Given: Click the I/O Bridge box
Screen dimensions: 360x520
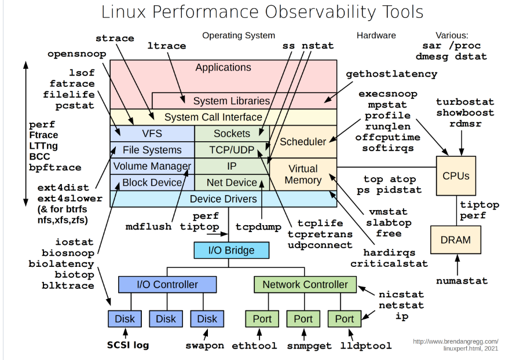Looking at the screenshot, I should pos(232,251).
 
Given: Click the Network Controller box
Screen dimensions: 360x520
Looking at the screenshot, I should pos(305,284).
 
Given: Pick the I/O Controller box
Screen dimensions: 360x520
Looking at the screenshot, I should pos(167,284).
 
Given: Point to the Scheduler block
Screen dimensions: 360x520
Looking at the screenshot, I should pos(303,142).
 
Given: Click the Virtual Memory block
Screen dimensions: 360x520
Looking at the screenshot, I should pos(303,174).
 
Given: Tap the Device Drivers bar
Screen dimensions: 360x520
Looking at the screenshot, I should pos(223,199).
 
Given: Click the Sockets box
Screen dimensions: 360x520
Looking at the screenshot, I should pos(232,134).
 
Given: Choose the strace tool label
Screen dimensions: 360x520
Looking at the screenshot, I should pos(115,38).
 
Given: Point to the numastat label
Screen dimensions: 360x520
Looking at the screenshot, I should pos(462,281).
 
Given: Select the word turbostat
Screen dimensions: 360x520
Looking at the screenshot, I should pos(465,102).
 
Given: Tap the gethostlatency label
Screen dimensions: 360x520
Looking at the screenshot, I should pos(391,74).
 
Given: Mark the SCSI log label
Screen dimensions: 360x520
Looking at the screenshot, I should pos(128,345).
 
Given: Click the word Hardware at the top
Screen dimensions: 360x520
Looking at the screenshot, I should pos(376,35).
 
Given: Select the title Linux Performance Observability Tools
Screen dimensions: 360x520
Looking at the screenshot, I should pos(262,12).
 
